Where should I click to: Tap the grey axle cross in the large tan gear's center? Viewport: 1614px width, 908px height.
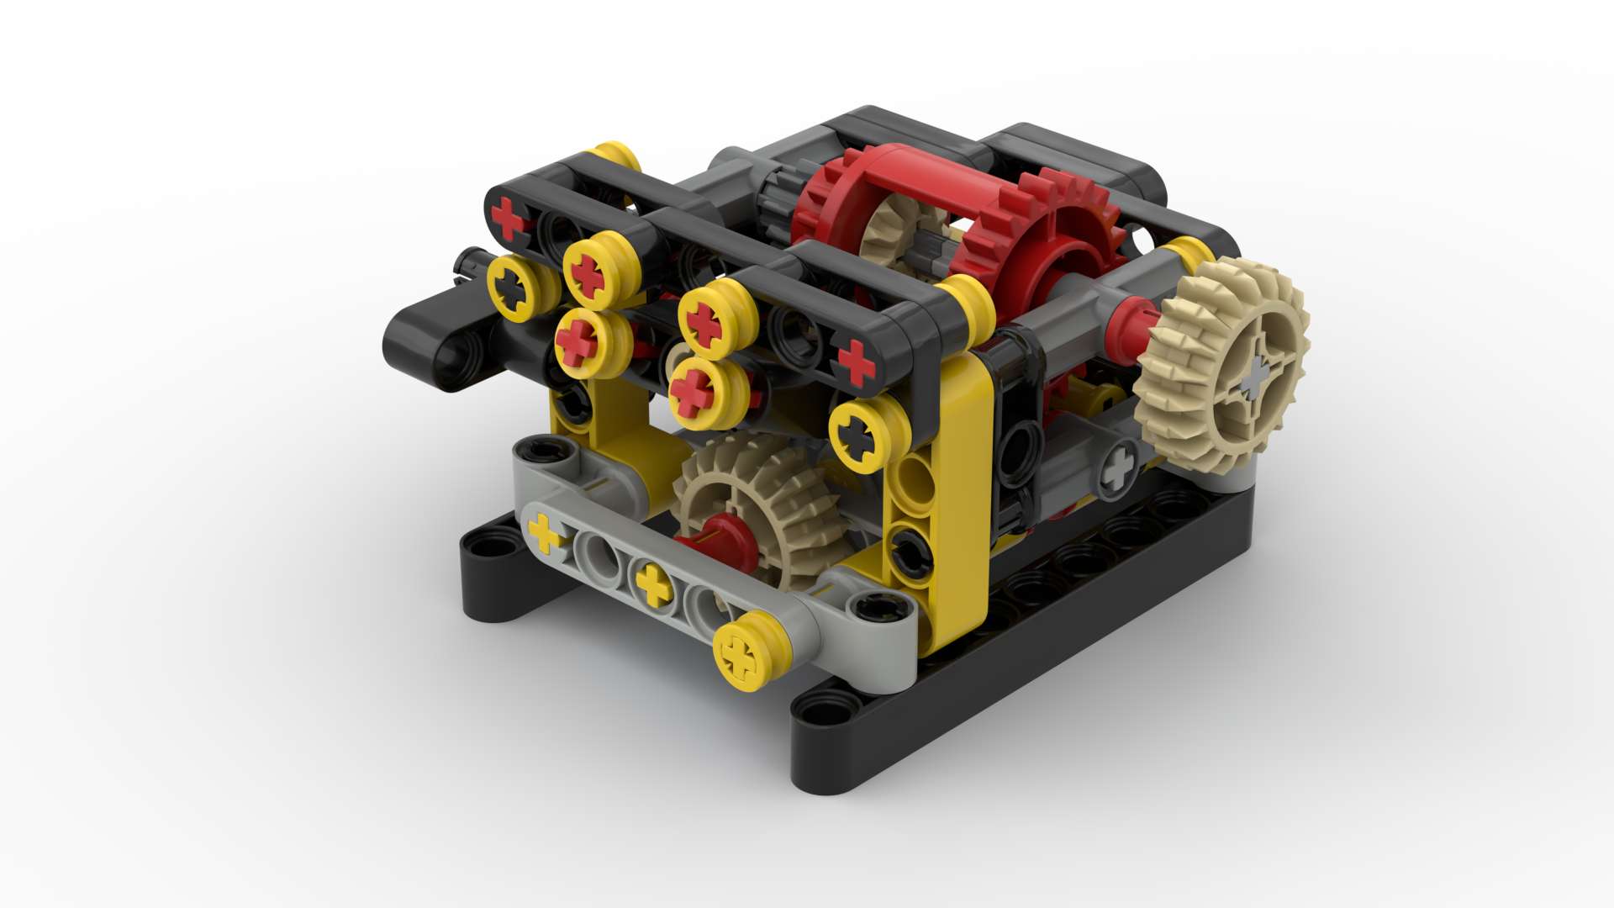click(1254, 377)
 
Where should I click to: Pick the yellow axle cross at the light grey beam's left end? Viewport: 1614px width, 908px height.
click(545, 532)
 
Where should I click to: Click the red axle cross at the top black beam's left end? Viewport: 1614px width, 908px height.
click(507, 217)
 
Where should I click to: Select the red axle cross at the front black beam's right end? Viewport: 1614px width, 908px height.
click(856, 361)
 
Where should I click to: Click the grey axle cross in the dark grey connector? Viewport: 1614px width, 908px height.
click(1118, 467)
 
